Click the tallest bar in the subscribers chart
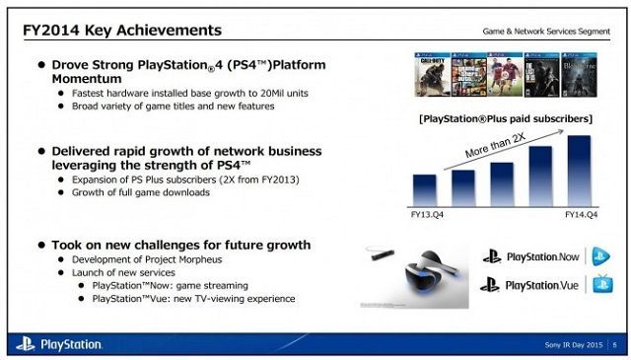pyautogui.click(x=579, y=169)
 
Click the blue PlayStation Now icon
pyautogui.click(x=601, y=256)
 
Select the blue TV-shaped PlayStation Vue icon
pyautogui.click(x=601, y=285)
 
